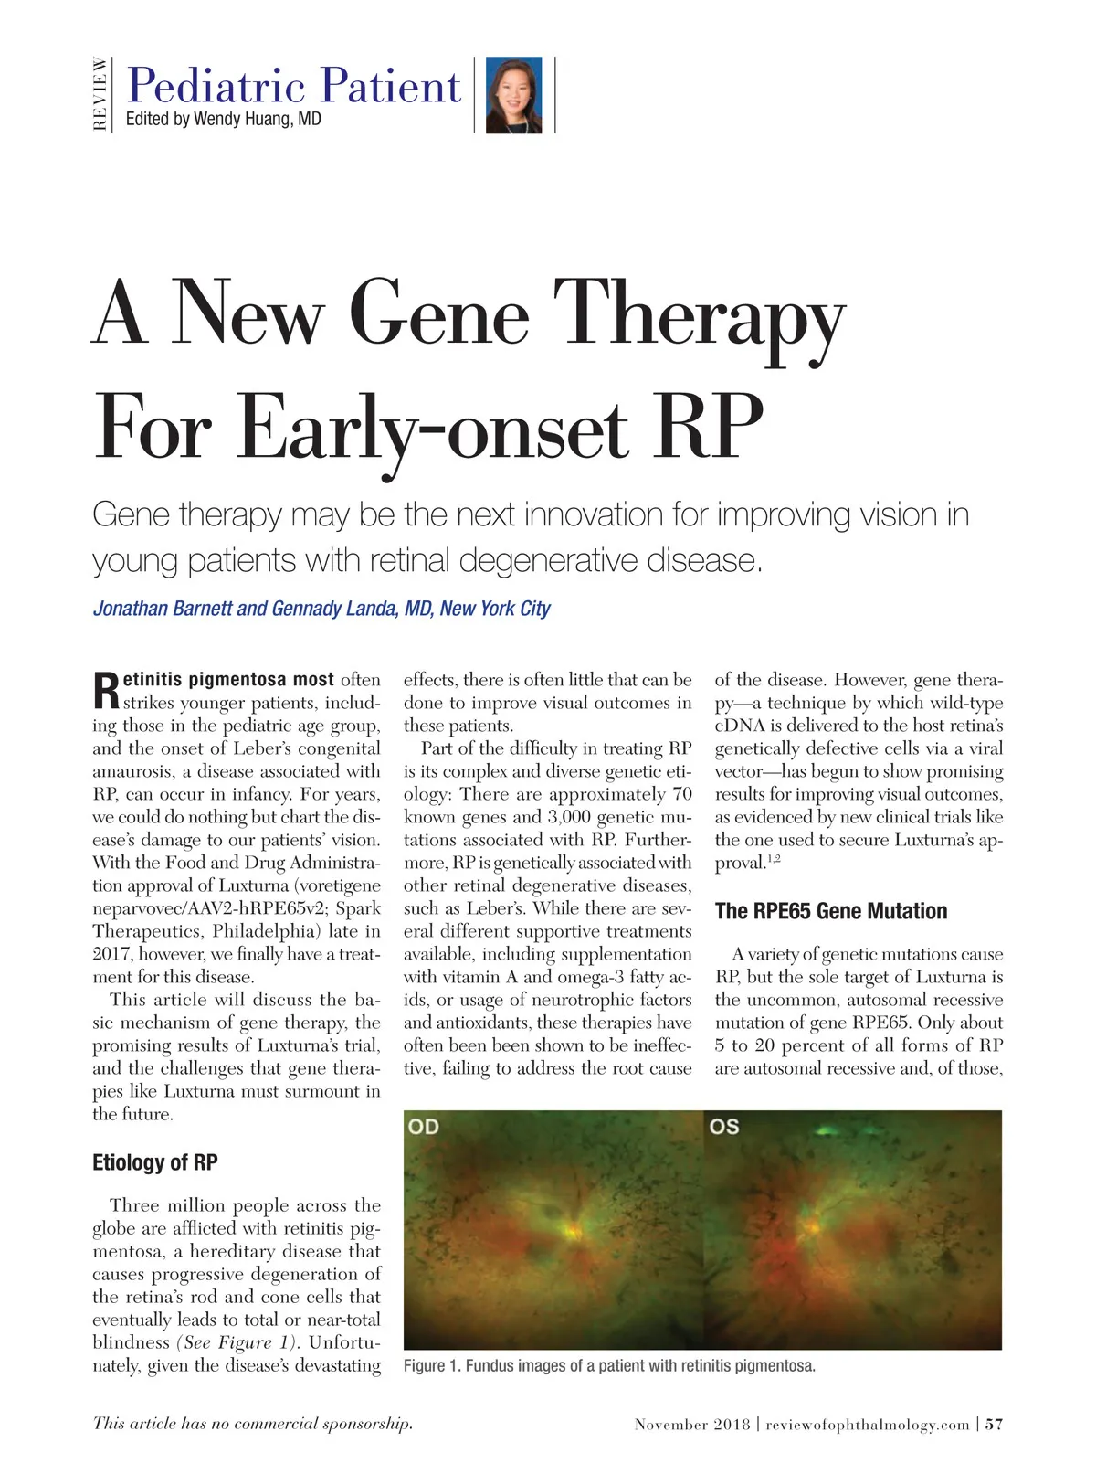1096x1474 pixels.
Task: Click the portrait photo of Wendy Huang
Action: pyautogui.click(x=514, y=95)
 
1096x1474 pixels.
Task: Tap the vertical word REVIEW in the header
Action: pyautogui.click(x=100, y=94)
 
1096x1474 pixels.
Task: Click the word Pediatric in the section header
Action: pyautogui.click(x=216, y=87)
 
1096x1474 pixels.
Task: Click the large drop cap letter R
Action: pyautogui.click(x=106, y=692)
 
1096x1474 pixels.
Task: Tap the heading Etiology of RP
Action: pyautogui.click(x=155, y=1162)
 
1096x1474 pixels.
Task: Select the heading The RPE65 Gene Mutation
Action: pyautogui.click(x=830, y=911)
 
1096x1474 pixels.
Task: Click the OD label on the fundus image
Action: pyautogui.click(x=424, y=1127)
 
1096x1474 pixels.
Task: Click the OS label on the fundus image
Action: pyautogui.click(x=723, y=1127)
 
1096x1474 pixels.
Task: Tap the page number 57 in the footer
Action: pyautogui.click(x=994, y=1424)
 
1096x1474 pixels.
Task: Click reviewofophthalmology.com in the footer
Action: pyautogui.click(x=867, y=1424)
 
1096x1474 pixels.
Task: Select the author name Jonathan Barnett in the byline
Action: pyautogui.click(x=162, y=609)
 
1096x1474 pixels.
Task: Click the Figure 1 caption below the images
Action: pyautogui.click(x=609, y=1366)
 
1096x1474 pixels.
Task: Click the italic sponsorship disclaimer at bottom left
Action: pyautogui.click(x=252, y=1423)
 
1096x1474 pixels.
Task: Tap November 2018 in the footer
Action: pyautogui.click(x=691, y=1424)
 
